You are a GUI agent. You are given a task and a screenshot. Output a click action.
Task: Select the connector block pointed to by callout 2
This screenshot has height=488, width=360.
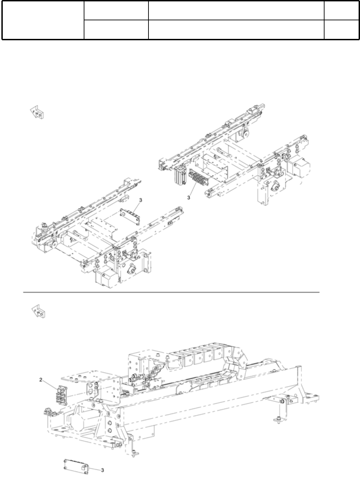(x=60, y=394)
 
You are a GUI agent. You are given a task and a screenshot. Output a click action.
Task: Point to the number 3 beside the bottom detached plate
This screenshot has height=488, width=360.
(x=102, y=469)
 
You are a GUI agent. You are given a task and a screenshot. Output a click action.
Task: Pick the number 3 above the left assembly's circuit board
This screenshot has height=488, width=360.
(x=140, y=200)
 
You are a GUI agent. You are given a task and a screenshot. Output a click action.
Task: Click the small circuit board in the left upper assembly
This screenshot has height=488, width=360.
(x=130, y=215)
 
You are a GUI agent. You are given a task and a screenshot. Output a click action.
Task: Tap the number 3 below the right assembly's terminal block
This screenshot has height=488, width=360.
(x=188, y=197)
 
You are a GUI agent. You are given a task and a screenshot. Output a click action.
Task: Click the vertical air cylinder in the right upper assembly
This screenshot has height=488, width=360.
(x=181, y=176)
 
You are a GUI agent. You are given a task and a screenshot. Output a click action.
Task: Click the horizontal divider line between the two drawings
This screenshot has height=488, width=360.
(x=171, y=293)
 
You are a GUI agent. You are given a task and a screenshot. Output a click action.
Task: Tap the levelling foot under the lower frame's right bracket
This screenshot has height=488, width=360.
(x=277, y=420)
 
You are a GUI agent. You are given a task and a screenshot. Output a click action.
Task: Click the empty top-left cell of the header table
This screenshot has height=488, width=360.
(x=43, y=20)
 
